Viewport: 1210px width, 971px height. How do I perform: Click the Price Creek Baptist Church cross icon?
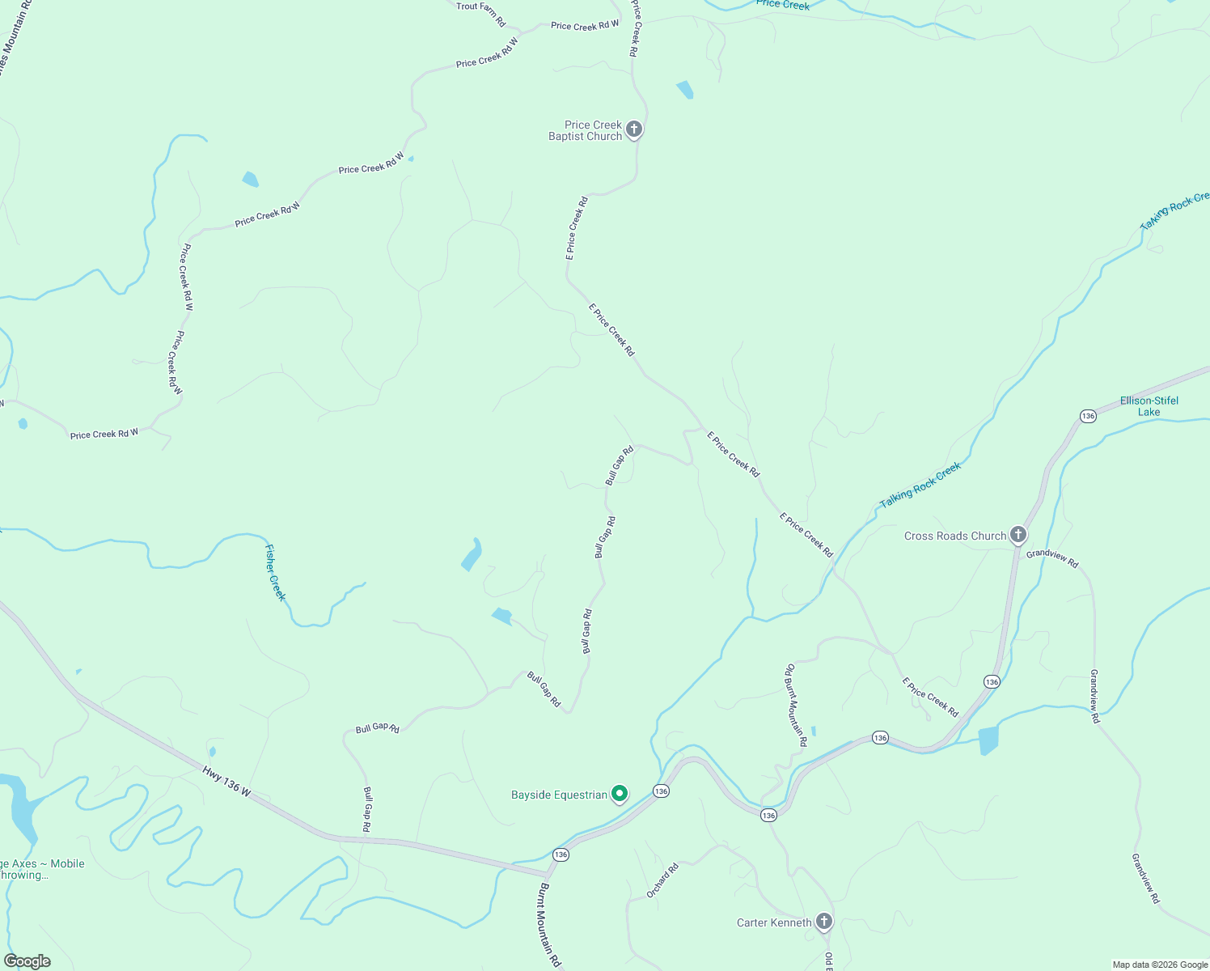click(x=634, y=129)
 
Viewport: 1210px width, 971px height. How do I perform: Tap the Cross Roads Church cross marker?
click(x=1018, y=535)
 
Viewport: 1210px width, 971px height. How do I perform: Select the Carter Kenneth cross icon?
click(x=823, y=922)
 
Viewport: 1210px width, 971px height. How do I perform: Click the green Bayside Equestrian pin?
click(x=620, y=794)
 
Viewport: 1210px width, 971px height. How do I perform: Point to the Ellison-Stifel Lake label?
click(x=1149, y=406)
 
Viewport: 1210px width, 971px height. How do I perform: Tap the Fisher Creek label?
click(x=275, y=572)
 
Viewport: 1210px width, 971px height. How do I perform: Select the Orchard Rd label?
click(x=662, y=880)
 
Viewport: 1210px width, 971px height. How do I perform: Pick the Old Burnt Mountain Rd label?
click(x=795, y=705)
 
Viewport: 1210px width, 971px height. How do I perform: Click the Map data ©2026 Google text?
click(x=1159, y=965)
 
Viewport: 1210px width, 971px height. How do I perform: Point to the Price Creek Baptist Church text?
click(x=586, y=130)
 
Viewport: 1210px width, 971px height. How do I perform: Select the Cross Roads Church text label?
click(x=954, y=536)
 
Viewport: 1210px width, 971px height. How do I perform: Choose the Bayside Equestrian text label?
click(x=559, y=795)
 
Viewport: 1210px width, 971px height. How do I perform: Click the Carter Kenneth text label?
click(x=774, y=922)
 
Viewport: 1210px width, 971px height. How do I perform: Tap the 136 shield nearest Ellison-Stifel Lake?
click(x=1088, y=416)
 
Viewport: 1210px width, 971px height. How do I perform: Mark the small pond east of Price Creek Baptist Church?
click(x=685, y=89)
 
